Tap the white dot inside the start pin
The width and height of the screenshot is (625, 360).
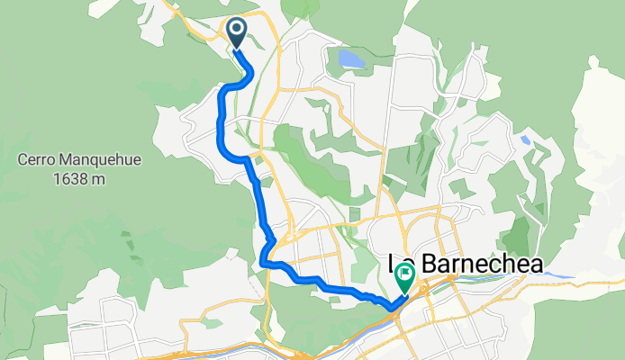[237, 31]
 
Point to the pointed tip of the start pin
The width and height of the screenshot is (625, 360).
[237, 49]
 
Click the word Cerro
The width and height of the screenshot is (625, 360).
[35, 162]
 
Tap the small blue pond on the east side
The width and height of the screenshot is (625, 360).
[523, 139]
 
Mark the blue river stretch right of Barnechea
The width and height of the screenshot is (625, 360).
[563, 275]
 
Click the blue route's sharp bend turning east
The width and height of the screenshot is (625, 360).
[266, 263]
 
